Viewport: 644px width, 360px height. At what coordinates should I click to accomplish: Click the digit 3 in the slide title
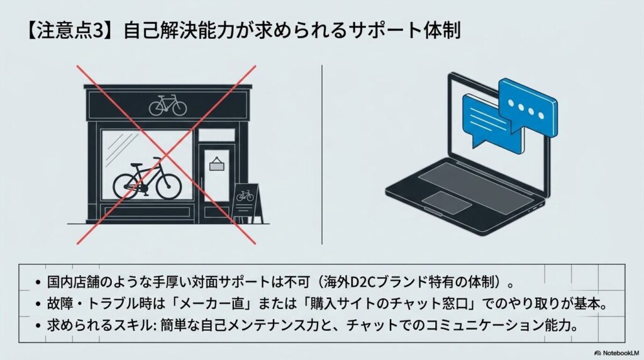coord(99,31)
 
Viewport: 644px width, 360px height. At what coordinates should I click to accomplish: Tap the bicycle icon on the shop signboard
coord(167,105)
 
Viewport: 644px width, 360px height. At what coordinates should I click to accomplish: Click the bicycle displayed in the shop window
coord(147,179)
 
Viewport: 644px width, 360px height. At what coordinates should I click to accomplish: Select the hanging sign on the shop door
coord(216,164)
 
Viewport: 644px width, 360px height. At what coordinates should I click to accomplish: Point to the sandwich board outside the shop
coord(247,203)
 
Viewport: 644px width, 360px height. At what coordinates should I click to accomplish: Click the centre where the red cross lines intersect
coord(166,155)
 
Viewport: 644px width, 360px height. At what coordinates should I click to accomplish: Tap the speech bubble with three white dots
coord(528,106)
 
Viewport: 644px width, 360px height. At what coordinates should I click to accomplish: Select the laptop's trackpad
coord(447,202)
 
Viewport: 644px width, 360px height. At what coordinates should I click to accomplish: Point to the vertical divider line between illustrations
coord(321,155)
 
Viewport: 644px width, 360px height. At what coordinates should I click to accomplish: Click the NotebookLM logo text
coord(621,353)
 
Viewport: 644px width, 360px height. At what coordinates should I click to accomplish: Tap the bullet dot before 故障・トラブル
coord(38,304)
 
